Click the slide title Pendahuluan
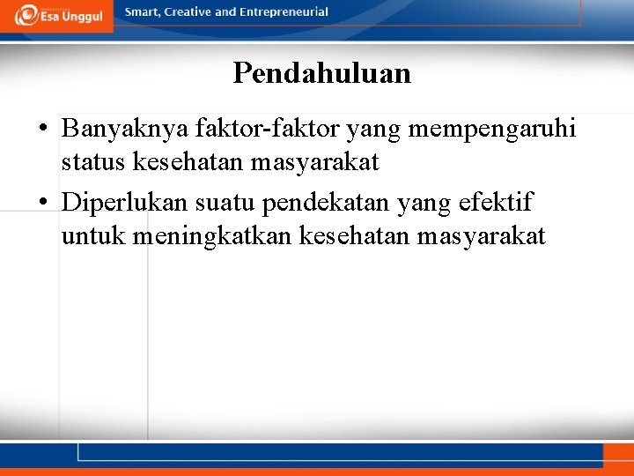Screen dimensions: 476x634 321,73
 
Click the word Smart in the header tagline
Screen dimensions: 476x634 144,12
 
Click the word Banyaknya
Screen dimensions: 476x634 114,130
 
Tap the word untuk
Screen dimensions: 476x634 91,236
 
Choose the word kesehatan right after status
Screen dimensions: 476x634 176,163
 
